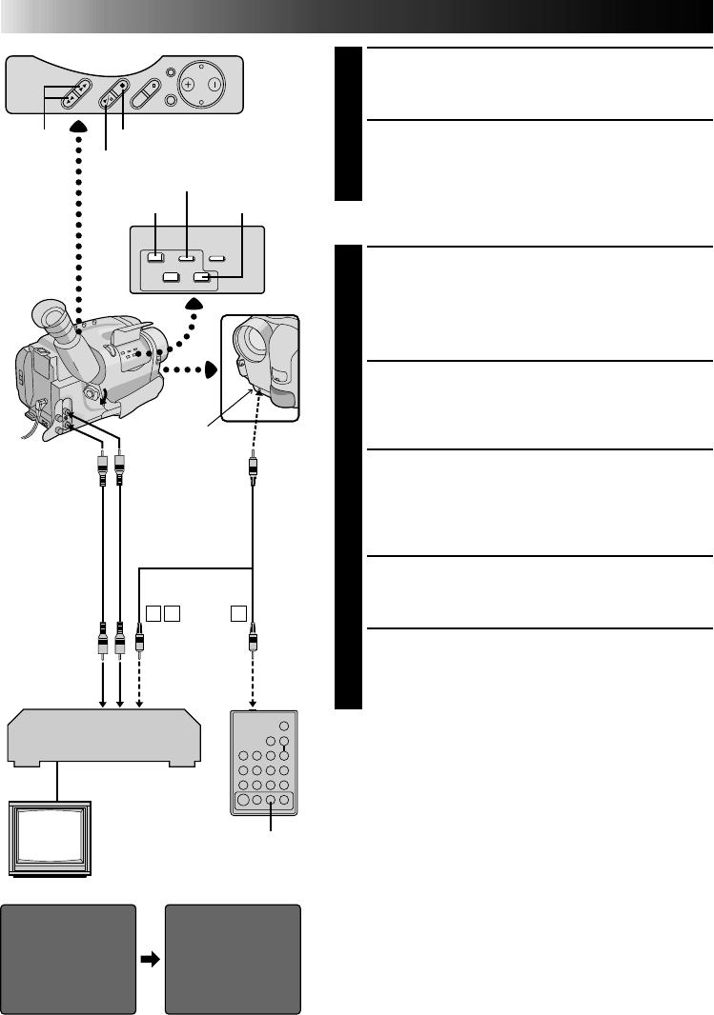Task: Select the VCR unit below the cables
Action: tap(105, 739)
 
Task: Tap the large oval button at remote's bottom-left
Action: tap(240, 801)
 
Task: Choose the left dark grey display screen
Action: tap(69, 958)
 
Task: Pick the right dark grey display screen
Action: tap(234, 958)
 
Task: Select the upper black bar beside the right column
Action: tap(349, 124)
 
